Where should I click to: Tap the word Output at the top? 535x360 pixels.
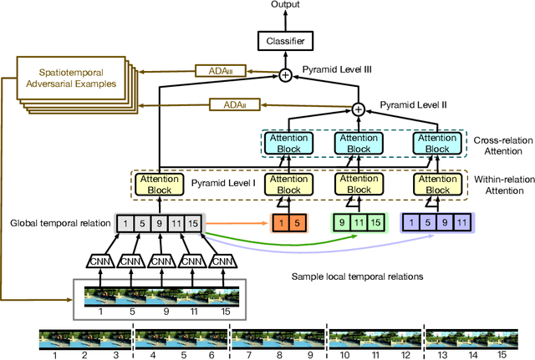pyautogui.click(x=286, y=6)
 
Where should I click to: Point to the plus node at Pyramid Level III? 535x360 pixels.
pyautogui.click(x=286, y=74)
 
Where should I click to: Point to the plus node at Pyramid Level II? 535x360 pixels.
pyautogui.click(x=359, y=109)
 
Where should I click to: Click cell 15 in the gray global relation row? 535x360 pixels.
pyautogui.click(x=193, y=223)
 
